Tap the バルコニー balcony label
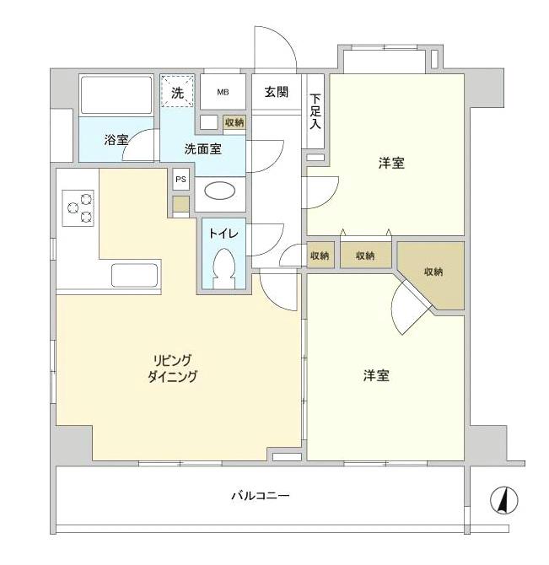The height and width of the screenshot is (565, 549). pos(261,496)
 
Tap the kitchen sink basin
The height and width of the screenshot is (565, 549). pos(135,276)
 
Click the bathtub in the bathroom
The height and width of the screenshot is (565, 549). pos(116,94)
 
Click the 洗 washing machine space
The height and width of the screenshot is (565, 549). pos(178,93)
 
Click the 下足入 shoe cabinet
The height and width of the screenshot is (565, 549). pos(315,112)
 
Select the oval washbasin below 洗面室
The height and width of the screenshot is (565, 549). pos(221,191)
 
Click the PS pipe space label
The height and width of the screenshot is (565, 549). pos(180,180)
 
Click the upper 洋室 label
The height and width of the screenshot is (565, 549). pos(390,163)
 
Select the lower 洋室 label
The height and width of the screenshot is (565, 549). pos(376,375)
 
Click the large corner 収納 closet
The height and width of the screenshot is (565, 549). pos(433,272)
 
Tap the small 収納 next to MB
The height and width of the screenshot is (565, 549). pos(234,122)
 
